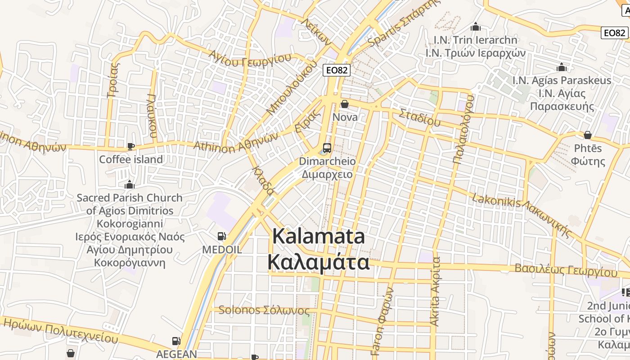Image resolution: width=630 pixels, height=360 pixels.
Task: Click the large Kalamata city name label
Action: pyautogui.click(x=319, y=249)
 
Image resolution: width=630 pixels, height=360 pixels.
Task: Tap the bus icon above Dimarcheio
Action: pyautogui.click(x=327, y=148)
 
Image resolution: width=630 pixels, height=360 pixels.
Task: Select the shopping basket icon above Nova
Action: pyautogui.click(x=345, y=104)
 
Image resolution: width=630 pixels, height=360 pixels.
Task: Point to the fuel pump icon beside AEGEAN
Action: pyautogui.click(x=176, y=342)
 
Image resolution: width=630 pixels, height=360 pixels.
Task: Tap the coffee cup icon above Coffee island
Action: pyautogui.click(x=130, y=146)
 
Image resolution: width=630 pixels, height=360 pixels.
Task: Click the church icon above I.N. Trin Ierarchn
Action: pyautogui.click(x=476, y=27)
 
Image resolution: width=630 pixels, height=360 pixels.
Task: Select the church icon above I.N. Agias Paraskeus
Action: pyautogui.click(x=562, y=67)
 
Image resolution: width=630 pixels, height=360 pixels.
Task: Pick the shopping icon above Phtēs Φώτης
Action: pyautogui.click(x=588, y=135)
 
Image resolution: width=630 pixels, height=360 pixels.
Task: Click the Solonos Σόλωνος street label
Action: pyautogui.click(x=264, y=310)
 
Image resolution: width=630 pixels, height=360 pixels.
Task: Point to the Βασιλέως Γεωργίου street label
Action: pyautogui.click(x=566, y=270)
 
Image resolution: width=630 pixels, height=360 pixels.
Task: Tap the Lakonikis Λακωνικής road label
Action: pyautogui.click(x=522, y=211)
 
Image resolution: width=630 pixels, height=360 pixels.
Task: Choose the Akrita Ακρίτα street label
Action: pyautogui.click(x=435, y=291)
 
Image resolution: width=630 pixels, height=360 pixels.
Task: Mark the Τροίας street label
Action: pyautogui.click(x=113, y=80)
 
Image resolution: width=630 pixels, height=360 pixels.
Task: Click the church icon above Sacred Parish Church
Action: pyautogui.click(x=130, y=184)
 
